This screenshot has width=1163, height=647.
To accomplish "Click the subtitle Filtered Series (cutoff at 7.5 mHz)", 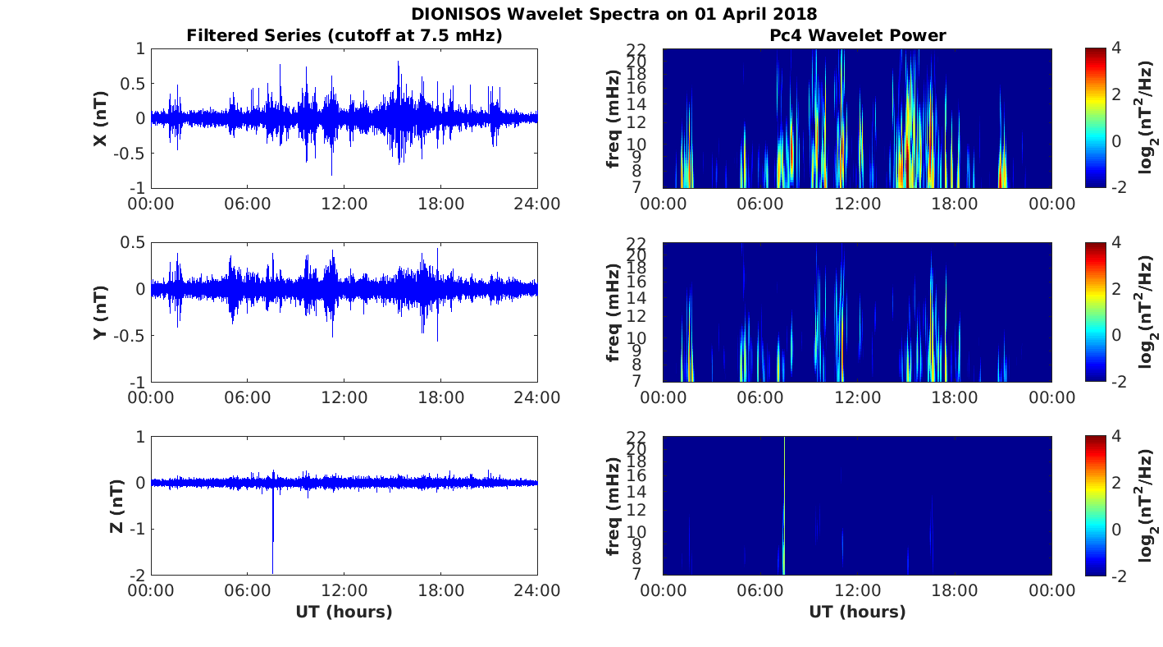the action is tap(344, 35).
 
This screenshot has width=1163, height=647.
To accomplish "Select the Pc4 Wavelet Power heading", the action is tap(857, 35).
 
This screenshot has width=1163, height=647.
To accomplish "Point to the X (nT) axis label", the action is tap(100, 118).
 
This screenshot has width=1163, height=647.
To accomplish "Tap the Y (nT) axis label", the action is tap(100, 312).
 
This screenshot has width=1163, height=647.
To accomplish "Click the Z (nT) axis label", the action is tap(116, 506).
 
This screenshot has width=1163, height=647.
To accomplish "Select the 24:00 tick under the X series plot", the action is tap(537, 204).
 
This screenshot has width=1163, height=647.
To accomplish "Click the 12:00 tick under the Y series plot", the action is tap(344, 397).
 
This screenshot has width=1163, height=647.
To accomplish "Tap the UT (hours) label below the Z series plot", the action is tap(344, 612).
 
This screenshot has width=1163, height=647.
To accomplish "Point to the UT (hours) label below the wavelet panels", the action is tap(857, 612).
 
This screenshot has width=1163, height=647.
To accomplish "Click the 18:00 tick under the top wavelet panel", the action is tap(955, 204).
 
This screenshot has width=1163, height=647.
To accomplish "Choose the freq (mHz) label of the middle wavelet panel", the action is tap(613, 312).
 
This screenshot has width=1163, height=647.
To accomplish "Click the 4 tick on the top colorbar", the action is tap(1115, 48).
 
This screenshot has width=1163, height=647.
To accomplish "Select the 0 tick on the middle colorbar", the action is tap(1116, 335).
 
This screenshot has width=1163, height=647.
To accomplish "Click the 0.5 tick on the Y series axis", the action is tap(133, 243).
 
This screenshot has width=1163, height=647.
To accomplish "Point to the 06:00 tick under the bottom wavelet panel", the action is tap(760, 590).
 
